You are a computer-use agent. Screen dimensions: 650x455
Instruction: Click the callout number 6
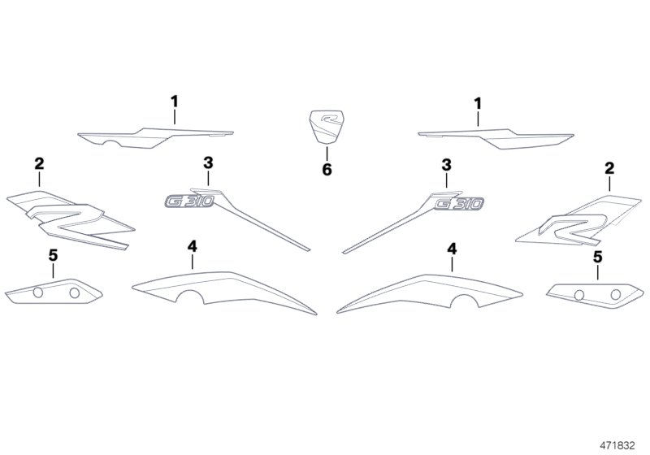click(x=327, y=169)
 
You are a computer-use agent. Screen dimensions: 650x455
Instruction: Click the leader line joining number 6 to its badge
click(x=327, y=153)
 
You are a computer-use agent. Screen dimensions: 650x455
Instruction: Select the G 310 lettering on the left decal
click(x=190, y=201)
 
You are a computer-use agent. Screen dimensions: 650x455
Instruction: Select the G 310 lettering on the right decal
click(x=459, y=203)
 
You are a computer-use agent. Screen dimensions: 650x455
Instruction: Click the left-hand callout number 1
click(x=175, y=101)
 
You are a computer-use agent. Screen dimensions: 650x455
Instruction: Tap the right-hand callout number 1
click(x=478, y=104)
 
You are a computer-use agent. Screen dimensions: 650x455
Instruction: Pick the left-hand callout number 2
click(x=39, y=163)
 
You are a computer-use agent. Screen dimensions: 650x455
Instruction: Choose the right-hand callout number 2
click(x=609, y=168)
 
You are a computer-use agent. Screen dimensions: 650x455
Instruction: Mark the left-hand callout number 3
click(x=208, y=162)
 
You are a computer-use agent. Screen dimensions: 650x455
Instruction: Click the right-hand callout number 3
click(x=446, y=165)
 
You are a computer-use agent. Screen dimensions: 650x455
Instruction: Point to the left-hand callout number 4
click(x=192, y=246)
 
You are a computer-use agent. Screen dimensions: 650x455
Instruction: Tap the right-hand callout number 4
click(x=452, y=249)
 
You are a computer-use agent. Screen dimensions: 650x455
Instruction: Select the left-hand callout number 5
click(x=53, y=255)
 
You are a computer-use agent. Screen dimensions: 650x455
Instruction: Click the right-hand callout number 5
click(x=597, y=257)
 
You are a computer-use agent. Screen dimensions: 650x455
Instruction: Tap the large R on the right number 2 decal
click(x=570, y=228)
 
